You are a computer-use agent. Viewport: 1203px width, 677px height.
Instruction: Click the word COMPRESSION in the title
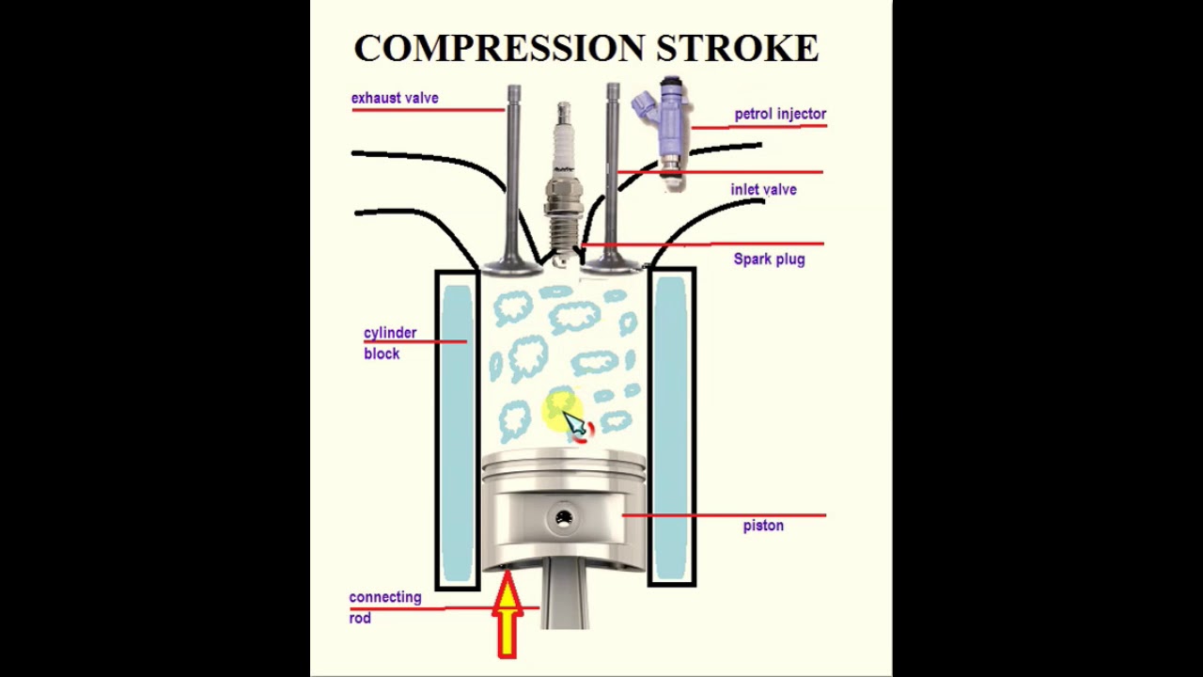pos(499,48)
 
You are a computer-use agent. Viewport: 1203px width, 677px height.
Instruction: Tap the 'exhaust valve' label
pos(395,98)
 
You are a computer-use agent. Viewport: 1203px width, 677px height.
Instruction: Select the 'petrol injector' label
pos(780,114)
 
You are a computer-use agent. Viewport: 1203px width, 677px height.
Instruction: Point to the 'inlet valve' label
pos(763,190)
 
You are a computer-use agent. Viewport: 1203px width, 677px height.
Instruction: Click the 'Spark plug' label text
pos(769,260)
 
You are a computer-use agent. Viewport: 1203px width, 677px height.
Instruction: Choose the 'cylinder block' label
pos(389,343)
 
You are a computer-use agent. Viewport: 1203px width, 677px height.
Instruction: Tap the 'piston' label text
pos(763,526)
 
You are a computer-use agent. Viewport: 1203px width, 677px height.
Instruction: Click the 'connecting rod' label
pos(384,607)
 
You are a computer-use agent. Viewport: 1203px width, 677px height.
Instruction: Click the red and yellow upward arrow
pos(508,616)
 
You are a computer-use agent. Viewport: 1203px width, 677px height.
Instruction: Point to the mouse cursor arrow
pos(573,424)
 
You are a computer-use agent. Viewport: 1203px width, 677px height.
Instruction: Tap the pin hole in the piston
pos(564,518)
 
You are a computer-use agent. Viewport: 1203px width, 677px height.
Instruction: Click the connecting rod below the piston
pos(565,597)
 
